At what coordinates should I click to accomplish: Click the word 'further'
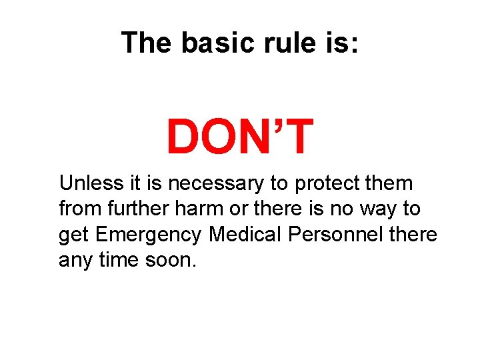pyautogui.click(x=143, y=209)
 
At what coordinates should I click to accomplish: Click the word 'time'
pyautogui.click(x=119, y=259)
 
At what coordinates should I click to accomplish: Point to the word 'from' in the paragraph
pyautogui.click(x=79, y=209)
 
